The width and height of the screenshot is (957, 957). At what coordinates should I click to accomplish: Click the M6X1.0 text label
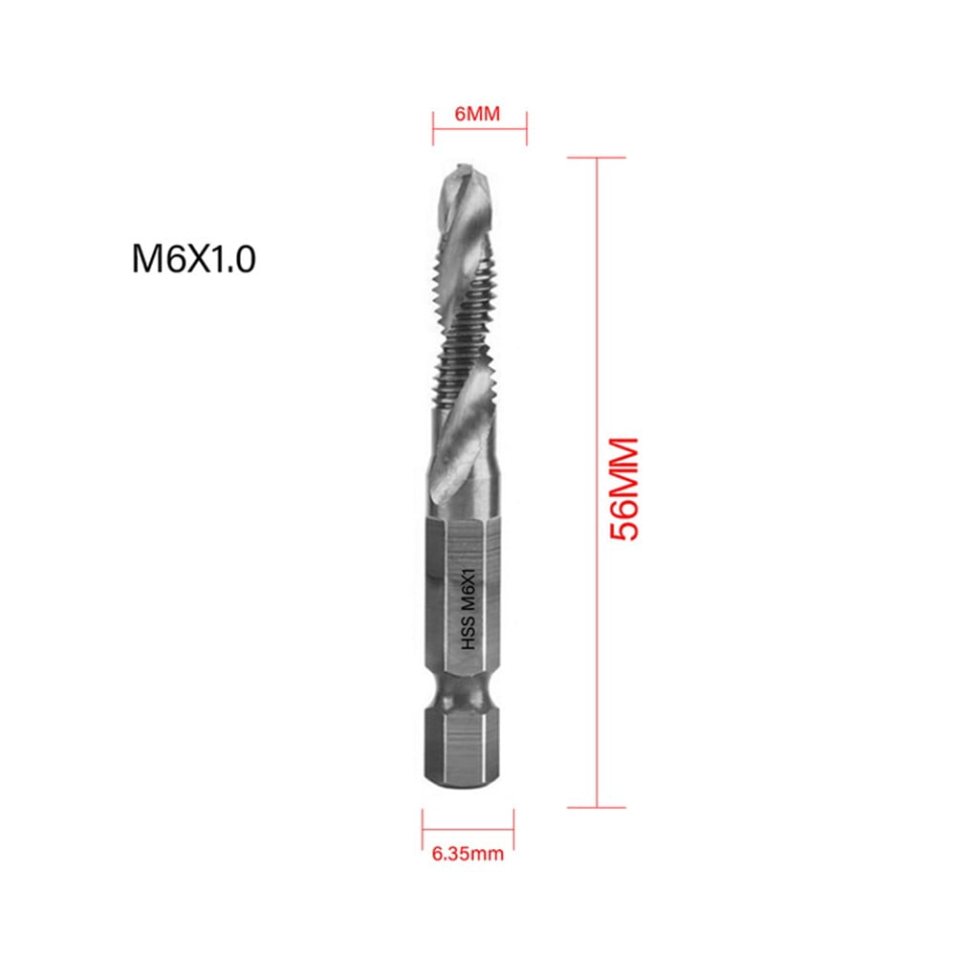pos(194,260)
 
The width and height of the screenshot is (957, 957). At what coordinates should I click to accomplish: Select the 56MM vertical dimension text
pos(624,489)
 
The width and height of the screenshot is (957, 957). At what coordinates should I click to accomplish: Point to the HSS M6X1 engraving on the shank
pos(468,604)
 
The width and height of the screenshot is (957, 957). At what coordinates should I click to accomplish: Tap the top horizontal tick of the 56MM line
pos(598,158)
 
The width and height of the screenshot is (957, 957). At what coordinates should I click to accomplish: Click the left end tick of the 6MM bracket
pos(432,120)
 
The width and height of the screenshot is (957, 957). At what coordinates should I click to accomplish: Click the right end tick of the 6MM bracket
pos(527,120)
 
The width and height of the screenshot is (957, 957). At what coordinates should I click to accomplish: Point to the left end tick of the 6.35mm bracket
pos(423,822)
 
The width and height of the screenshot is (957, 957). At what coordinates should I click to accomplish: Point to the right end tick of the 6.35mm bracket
pos(513,822)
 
